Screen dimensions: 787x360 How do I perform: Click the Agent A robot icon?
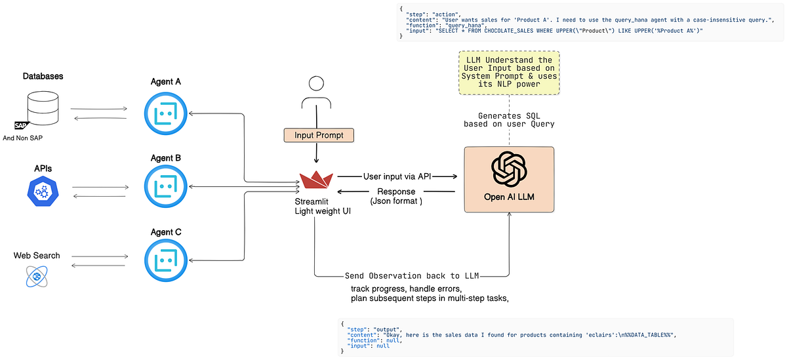click(x=165, y=113)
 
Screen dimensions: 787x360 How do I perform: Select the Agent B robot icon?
click(x=165, y=186)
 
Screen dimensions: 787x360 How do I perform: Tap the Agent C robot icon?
click(x=165, y=260)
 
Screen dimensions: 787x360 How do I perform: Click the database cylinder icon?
click(x=43, y=108)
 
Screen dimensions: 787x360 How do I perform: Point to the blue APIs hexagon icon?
click(x=43, y=191)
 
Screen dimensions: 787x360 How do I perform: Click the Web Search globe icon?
click(x=37, y=277)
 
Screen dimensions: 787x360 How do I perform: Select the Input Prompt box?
click(x=319, y=135)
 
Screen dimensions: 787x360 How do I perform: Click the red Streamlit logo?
click(x=316, y=180)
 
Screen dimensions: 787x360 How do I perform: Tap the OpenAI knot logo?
click(x=509, y=169)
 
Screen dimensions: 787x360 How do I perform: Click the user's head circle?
click(x=316, y=83)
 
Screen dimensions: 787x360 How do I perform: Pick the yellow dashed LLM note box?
click(x=509, y=73)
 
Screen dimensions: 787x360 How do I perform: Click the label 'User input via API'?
click(x=397, y=176)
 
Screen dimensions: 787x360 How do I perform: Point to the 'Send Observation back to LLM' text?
click(x=412, y=275)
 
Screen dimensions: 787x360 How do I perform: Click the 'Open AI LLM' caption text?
click(x=509, y=197)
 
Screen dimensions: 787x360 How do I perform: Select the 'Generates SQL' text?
click(x=509, y=115)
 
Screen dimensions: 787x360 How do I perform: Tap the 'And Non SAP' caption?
click(x=22, y=138)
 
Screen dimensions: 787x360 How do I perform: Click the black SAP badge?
click(x=21, y=125)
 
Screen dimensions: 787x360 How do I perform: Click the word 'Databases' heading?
click(x=43, y=76)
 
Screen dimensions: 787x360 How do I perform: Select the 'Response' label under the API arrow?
click(x=396, y=191)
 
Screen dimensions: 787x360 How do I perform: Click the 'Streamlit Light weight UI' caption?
click(x=323, y=206)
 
